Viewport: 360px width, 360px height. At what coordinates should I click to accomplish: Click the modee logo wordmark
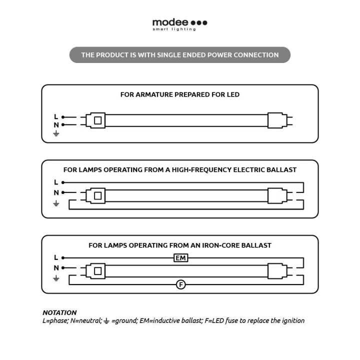(x=170, y=22)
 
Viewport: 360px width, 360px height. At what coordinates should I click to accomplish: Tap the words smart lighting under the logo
(x=174, y=29)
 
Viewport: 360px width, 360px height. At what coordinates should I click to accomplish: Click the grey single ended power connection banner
(x=179, y=55)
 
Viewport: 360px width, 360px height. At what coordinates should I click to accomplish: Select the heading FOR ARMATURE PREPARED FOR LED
(x=179, y=94)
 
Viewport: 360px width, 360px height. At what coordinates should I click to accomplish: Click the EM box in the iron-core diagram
(x=180, y=258)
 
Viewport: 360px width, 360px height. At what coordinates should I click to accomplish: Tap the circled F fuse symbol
(x=181, y=284)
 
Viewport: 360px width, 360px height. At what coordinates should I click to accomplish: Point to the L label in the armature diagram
(x=56, y=116)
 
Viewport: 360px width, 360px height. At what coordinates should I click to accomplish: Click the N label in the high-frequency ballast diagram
(x=56, y=192)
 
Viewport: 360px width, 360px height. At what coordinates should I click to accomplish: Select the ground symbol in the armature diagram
(x=56, y=133)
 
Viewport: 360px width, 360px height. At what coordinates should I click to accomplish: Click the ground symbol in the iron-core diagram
(x=56, y=278)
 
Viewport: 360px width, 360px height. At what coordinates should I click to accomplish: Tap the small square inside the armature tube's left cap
(x=98, y=120)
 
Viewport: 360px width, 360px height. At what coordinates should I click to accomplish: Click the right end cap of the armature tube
(x=275, y=120)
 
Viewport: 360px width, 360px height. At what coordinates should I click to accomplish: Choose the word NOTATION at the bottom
(x=59, y=312)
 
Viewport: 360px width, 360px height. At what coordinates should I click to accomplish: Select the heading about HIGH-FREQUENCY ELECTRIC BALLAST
(x=179, y=170)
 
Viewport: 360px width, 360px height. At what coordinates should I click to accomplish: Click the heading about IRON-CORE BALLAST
(x=179, y=245)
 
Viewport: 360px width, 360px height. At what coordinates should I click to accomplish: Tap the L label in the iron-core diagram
(x=56, y=257)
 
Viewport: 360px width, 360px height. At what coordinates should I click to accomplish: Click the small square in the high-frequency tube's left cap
(x=98, y=196)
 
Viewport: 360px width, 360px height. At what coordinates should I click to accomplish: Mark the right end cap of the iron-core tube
(x=275, y=271)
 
